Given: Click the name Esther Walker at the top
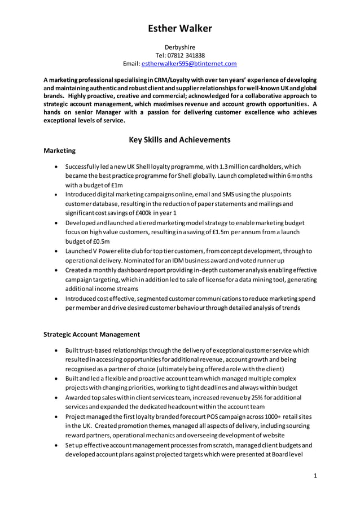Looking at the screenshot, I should pos(180,28).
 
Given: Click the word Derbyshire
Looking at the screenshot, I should pos(180,47).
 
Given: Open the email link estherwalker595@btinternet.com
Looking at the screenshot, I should pos(188,64).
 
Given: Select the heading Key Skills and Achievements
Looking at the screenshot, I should pos(180,139).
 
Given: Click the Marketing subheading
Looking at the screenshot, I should pos(59,151).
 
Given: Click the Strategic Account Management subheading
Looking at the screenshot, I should pos(92,334).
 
